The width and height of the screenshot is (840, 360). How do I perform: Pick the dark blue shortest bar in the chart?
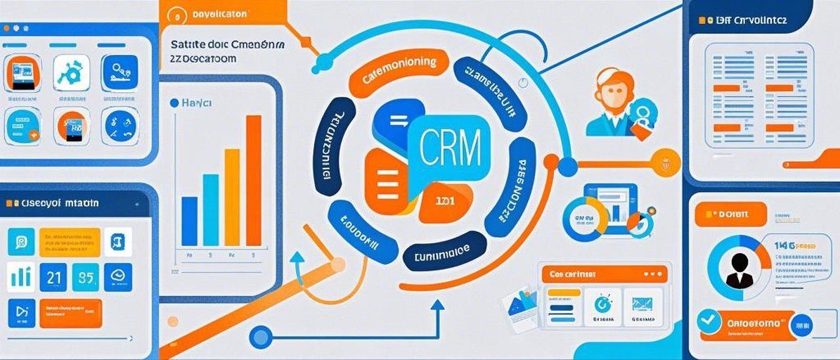190,221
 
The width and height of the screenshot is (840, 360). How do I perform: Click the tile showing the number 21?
53,276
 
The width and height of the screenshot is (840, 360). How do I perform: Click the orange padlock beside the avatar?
641,127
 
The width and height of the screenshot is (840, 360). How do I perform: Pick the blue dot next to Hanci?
174,103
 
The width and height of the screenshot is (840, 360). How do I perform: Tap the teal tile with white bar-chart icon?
20,276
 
